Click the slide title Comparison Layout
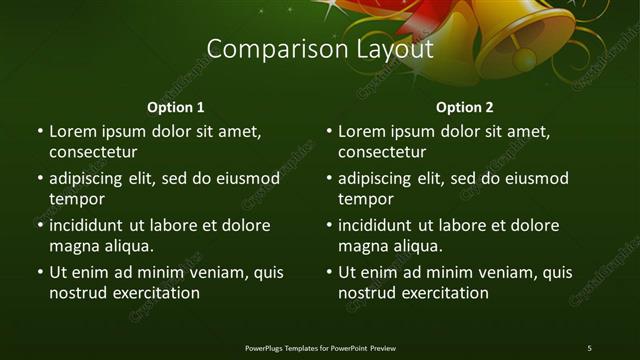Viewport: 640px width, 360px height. coord(319,49)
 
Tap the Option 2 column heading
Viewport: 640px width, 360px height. coord(465,107)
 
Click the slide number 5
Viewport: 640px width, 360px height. coord(589,347)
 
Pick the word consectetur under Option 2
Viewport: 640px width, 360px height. coord(382,152)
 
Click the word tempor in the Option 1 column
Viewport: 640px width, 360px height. coord(77,199)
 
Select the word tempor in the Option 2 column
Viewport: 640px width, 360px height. coord(366,199)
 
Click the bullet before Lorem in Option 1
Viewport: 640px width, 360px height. coord(40,131)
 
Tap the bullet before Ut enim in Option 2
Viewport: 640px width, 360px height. coord(329,272)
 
